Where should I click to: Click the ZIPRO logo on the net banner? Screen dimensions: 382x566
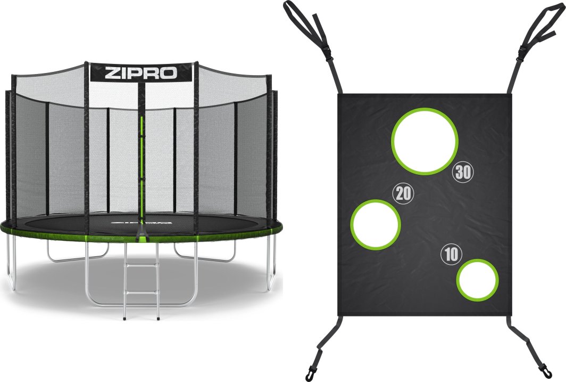click(141, 73)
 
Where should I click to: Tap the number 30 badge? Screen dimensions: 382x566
click(463, 173)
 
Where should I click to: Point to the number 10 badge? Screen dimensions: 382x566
click(451, 255)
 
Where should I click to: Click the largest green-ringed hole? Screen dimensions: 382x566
click(424, 141)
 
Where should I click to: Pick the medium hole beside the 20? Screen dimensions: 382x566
click(376, 224)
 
